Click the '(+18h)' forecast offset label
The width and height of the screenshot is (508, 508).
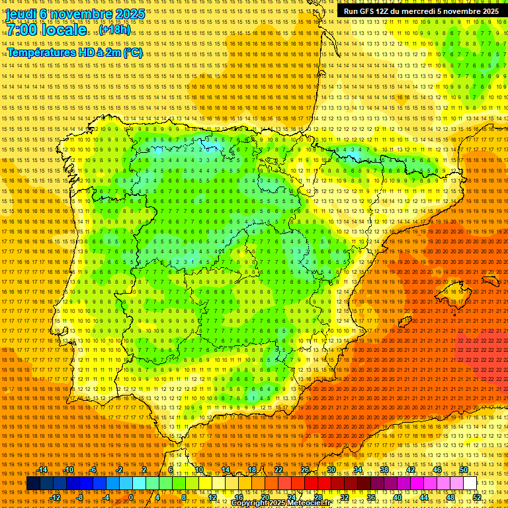point(114,30)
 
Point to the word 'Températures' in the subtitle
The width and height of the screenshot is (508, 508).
point(41,52)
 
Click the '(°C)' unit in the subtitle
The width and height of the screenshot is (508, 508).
point(133,52)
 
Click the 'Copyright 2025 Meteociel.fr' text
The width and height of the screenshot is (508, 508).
point(280,503)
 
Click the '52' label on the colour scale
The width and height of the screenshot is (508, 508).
point(477,497)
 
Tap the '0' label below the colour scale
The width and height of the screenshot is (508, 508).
point(131,497)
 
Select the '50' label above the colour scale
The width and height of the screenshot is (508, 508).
point(464,470)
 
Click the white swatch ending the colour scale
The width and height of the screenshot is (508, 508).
point(470,484)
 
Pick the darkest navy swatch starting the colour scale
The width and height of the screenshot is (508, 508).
point(32,484)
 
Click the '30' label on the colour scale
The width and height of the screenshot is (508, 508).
point(331,470)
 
